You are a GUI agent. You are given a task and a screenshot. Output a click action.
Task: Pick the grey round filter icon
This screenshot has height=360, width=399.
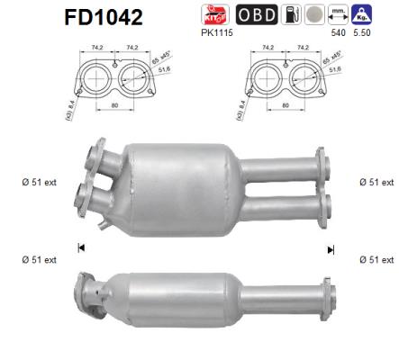tap(313, 15)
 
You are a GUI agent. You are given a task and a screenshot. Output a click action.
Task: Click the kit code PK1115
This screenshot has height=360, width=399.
tap(222, 33)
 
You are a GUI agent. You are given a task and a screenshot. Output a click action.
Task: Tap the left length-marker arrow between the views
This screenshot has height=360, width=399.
tap(82, 248)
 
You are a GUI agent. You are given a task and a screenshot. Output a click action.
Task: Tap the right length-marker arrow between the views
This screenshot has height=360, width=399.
tap(331, 248)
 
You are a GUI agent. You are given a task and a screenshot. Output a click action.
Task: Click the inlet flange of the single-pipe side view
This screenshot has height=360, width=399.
tap(89, 292)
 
